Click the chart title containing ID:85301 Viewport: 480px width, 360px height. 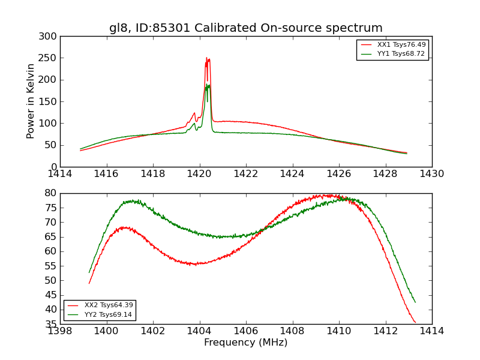[245, 28]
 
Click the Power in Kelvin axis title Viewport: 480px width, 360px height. [31, 101]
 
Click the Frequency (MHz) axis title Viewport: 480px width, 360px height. [245, 343]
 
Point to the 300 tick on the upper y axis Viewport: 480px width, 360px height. [50, 37]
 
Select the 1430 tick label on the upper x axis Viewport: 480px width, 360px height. [431, 174]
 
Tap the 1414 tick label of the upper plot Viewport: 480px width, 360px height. [60, 174]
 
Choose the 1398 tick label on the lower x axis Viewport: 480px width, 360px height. [60, 331]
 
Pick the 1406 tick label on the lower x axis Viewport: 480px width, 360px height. [246, 331]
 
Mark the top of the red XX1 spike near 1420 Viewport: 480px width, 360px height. [206, 58]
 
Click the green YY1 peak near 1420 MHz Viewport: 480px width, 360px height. [208, 85]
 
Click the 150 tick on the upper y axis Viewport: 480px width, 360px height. [50, 102]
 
